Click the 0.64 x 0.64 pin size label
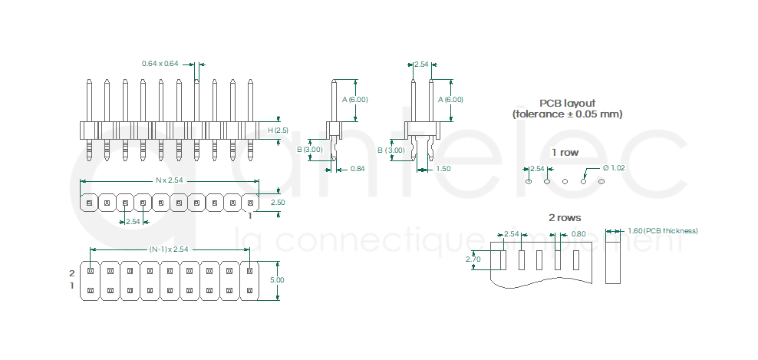click(160, 63)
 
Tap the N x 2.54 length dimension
click(170, 180)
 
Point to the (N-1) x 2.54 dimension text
click(169, 249)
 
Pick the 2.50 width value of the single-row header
click(278, 203)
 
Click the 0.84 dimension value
click(357, 169)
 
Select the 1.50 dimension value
click(443, 169)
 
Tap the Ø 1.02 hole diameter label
click(614, 168)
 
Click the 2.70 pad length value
click(473, 259)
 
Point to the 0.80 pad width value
click(578, 234)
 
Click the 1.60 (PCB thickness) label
click(662, 231)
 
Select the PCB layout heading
click(567, 103)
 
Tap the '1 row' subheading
click(565, 152)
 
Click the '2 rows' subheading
click(565, 218)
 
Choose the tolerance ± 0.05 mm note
click(567, 114)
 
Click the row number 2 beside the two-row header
click(72, 273)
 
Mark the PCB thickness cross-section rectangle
click(613, 259)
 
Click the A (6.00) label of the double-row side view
click(450, 100)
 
